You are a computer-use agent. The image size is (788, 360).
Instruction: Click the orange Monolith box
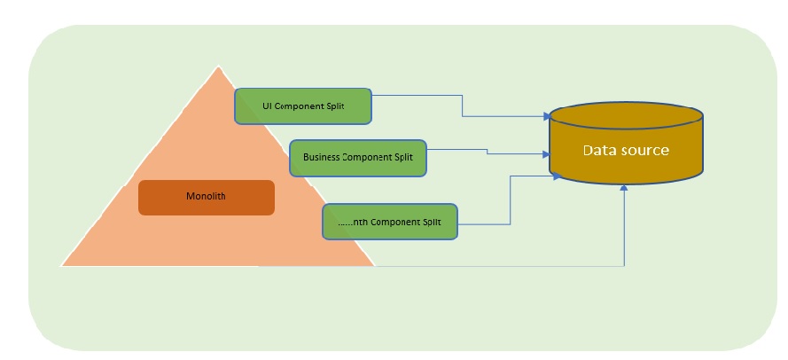[206, 197]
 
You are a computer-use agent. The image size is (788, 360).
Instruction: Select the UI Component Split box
[302, 106]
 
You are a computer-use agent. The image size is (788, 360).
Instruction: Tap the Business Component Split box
[358, 157]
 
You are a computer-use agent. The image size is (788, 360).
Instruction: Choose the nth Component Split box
[390, 221]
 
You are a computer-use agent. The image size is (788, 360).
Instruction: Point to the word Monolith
[206, 197]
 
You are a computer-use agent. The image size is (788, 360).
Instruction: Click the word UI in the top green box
[267, 106]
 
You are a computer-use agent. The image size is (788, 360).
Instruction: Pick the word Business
[323, 157]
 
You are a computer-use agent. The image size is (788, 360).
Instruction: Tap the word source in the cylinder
[644, 151]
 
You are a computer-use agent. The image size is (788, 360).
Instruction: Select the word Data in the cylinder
[598, 151]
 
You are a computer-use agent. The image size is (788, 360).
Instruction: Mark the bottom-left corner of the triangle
[62, 265]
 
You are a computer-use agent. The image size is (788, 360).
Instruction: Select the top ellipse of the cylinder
[626, 115]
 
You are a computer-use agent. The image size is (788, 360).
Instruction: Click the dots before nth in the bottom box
[335, 221]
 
